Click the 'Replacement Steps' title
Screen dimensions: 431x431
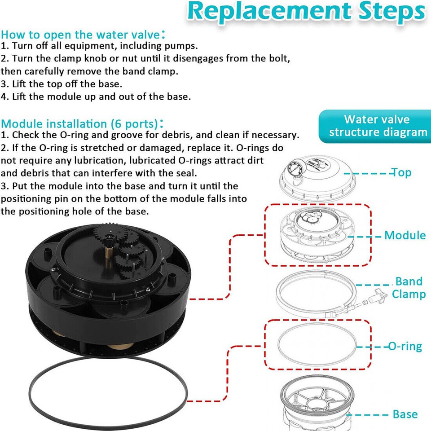305,13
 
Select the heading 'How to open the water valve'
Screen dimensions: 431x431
81,35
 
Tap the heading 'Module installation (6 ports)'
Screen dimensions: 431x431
81,123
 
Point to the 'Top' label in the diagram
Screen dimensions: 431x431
400,172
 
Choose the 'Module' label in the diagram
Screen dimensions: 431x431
405,235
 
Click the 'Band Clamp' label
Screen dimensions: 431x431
409,288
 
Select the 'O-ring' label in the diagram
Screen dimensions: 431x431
405,347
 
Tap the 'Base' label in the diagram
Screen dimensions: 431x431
405,414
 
